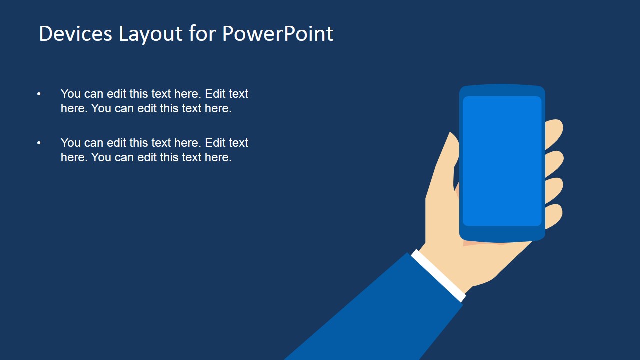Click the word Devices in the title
[x=75, y=34]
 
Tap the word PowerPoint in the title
[x=277, y=34]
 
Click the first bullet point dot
[x=39, y=94]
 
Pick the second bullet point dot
[x=39, y=143]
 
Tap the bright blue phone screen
[x=502, y=161]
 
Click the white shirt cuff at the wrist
[x=438, y=275]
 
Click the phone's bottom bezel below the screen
[x=502, y=233]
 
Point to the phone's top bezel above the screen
[x=502, y=90]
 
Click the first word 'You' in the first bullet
[x=70, y=94]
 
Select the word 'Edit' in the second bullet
[x=215, y=143]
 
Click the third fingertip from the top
[x=554, y=189]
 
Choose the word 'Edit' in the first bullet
[x=215, y=94]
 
